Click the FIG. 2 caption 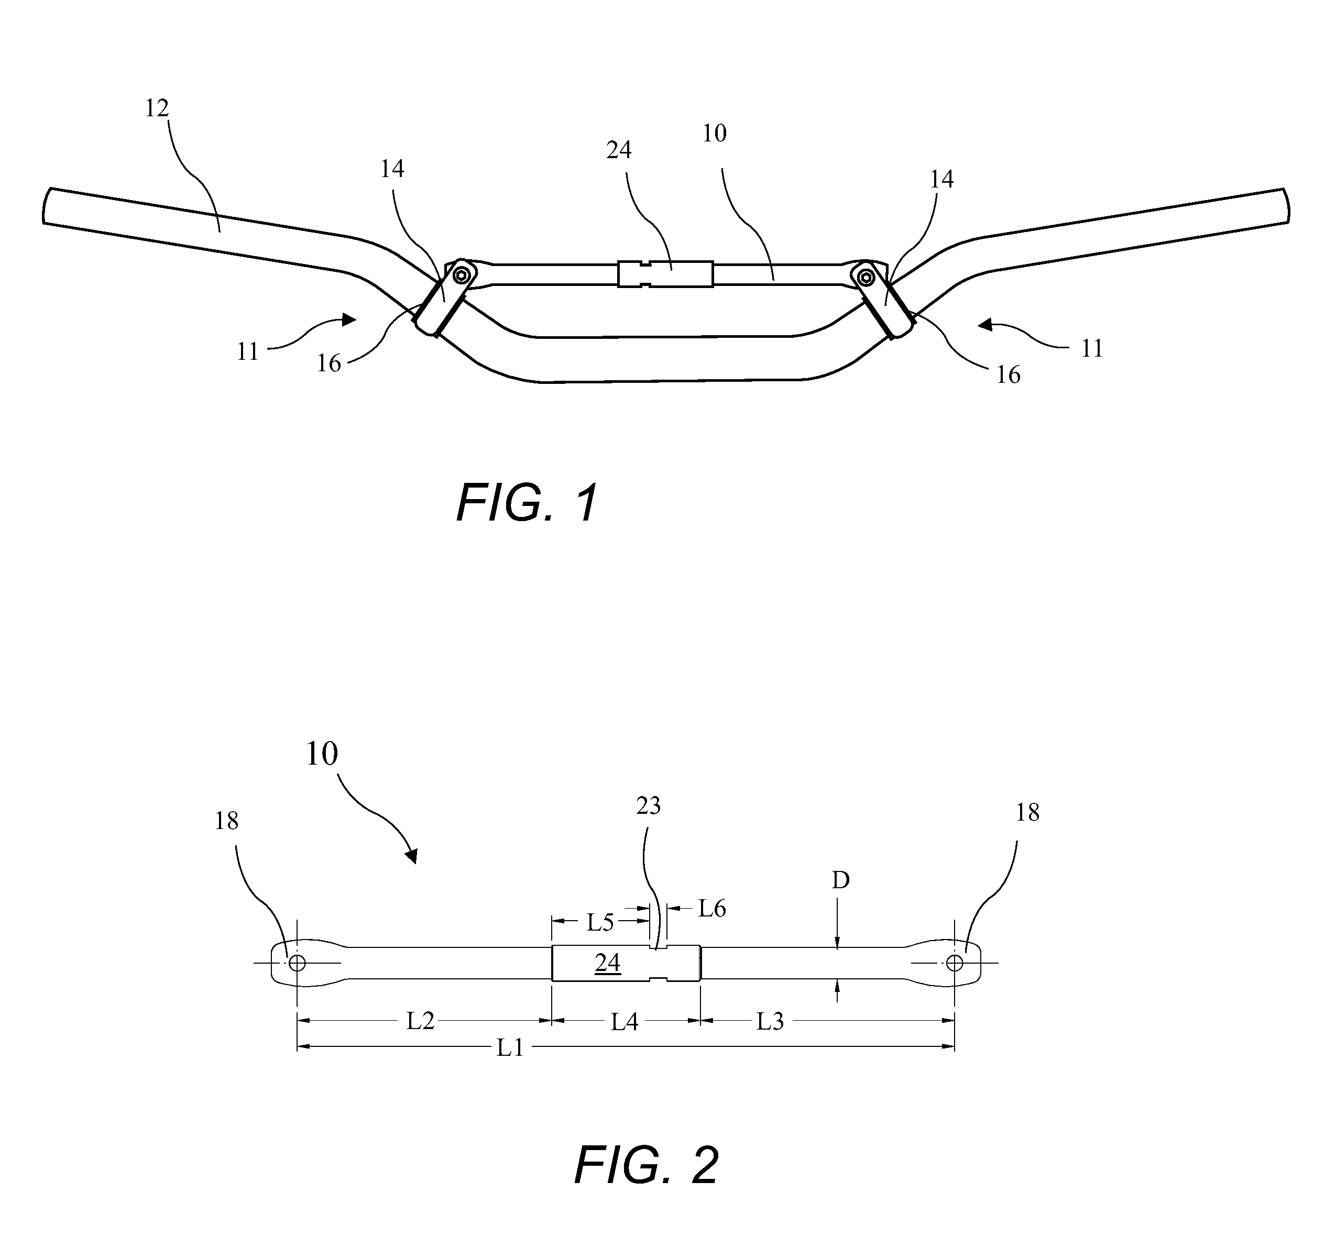pos(647,1165)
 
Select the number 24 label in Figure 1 pos(619,150)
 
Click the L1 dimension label pos(511,1047)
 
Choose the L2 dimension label pos(421,1021)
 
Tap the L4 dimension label pos(625,1022)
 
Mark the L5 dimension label pos(600,923)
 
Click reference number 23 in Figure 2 pos(649,805)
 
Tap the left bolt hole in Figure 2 pos(297,963)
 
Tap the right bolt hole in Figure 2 pos(954,963)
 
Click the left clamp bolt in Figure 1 pos(461,275)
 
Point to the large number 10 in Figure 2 pos(321,754)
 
